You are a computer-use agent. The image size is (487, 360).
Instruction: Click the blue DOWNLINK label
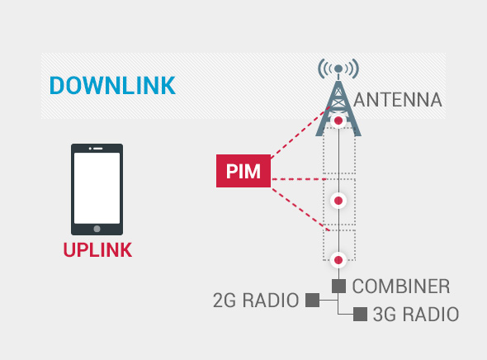112,85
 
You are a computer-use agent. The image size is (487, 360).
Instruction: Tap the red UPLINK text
97,250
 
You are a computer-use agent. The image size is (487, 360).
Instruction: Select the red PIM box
243,171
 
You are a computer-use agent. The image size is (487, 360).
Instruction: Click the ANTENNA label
398,100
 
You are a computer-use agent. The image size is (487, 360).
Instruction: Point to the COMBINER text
401,286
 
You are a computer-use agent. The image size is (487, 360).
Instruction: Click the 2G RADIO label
256,301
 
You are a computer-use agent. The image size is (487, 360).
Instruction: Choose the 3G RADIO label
416,314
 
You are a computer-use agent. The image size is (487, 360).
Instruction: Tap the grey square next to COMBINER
338,286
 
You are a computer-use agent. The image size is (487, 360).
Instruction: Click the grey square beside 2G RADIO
313,300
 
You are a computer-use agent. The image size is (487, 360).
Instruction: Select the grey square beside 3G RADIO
360,314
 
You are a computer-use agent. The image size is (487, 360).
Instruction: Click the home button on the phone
97,229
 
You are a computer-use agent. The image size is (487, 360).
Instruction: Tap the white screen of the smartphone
97,188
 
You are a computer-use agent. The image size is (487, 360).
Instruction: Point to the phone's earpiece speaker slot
98,149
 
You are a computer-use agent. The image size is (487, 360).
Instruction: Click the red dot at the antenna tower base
338,121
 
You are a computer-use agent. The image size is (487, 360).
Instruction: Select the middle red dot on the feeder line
338,201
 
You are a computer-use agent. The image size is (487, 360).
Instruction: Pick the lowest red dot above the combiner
338,260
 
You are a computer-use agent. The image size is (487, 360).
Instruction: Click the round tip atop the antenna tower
338,69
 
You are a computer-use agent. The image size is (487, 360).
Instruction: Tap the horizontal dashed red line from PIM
299,179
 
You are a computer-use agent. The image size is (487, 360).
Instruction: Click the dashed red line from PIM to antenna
300,133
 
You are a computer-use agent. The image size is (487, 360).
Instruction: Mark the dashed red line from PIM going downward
300,210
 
